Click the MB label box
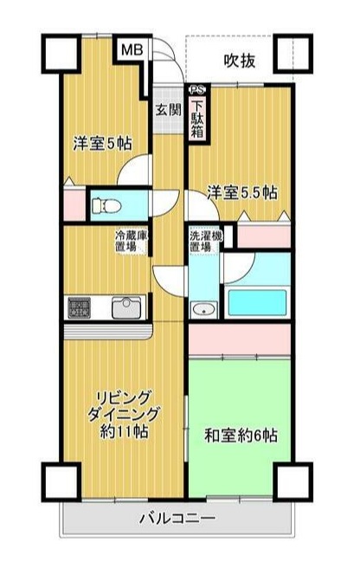131,51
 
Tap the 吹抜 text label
240,61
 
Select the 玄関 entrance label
168,110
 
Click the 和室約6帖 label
241,434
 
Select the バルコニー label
177,520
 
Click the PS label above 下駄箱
198,88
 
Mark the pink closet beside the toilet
74,204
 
